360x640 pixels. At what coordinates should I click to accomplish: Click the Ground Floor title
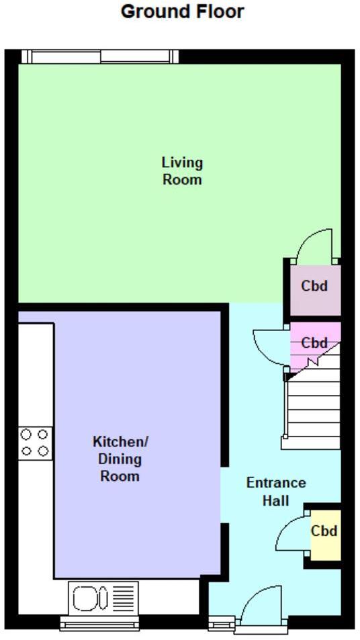[x=182, y=11]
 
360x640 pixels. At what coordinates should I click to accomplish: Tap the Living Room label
[x=182, y=171]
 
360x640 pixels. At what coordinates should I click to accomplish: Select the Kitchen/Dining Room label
[x=120, y=459]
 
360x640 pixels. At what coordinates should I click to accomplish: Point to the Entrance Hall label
[x=275, y=492]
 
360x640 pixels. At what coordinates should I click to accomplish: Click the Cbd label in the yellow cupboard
[x=324, y=531]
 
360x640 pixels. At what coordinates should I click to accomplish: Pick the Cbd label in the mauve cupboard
[x=314, y=286]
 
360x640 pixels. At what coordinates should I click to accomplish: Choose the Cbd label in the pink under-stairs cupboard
[x=314, y=343]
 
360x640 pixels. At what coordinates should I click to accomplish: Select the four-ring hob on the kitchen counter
[x=36, y=443]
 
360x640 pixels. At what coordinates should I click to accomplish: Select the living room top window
[x=99, y=57]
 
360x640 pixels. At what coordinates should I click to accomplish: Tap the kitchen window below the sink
[x=99, y=623]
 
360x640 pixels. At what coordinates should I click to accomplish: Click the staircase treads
[x=313, y=410]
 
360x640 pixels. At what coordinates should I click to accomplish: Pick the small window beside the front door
[x=220, y=625]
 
